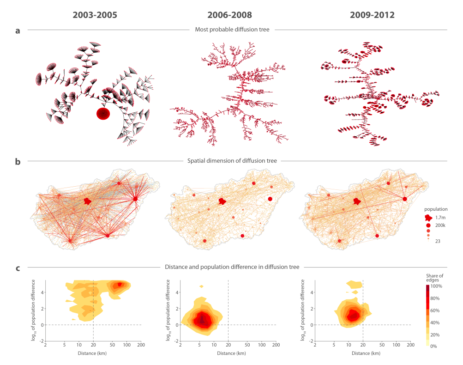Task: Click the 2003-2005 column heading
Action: click(95, 15)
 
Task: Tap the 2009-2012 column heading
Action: click(372, 15)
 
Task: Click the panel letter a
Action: click(18, 31)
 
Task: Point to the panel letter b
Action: click(18, 162)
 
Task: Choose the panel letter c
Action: click(18, 268)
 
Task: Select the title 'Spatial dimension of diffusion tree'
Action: click(232, 161)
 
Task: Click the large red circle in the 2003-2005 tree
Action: click(103, 114)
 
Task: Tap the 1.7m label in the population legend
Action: click(439, 217)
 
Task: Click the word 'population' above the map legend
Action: click(436, 209)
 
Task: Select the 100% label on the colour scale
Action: click(437, 286)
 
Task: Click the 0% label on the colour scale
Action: click(434, 346)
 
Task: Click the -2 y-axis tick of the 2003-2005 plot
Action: click(42, 341)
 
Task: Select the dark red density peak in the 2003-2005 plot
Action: click(120, 285)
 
